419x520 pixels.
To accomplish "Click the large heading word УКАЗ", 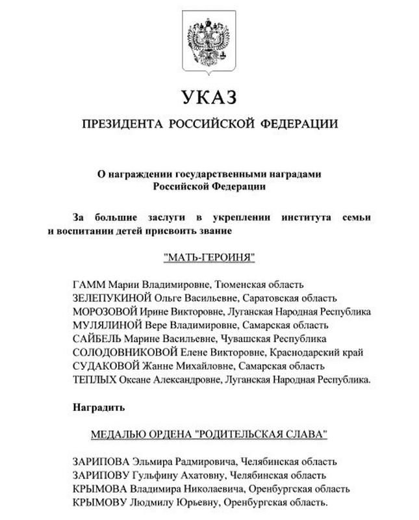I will pyautogui.click(x=209, y=98).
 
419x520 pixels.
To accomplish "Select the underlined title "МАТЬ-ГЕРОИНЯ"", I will pyautogui.click(x=209, y=257).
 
